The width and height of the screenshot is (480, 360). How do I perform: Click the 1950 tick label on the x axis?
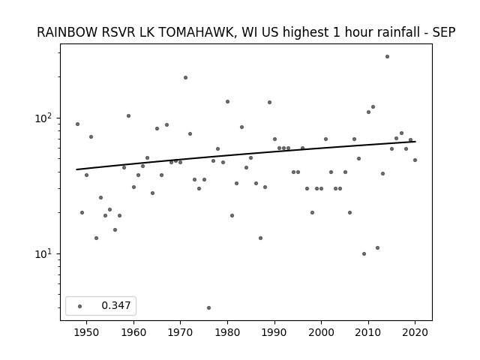[x=87, y=332]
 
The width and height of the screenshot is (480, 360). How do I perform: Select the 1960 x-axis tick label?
[x=133, y=332]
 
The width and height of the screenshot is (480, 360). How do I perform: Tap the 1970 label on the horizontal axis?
[x=180, y=332]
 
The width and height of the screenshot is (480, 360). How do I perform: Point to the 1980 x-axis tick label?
[x=227, y=332]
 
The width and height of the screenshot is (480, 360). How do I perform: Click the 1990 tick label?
[x=274, y=332]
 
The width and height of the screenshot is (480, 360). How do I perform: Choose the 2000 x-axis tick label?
[x=321, y=332]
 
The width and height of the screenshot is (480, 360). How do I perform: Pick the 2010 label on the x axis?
[x=368, y=332]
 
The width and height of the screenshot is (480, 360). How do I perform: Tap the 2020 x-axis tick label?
[x=415, y=332]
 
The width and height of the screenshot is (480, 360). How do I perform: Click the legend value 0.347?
[x=116, y=305]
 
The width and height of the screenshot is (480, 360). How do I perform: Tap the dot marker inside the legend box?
[x=80, y=306]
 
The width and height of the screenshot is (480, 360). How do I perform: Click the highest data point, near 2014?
[x=387, y=57]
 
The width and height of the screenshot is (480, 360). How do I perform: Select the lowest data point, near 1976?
[x=208, y=307]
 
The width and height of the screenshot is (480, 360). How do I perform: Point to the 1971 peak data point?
[x=185, y=78]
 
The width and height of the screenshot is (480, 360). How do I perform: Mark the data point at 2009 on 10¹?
[x=364, y=253]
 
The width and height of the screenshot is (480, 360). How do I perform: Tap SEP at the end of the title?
[x=444, y=32]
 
